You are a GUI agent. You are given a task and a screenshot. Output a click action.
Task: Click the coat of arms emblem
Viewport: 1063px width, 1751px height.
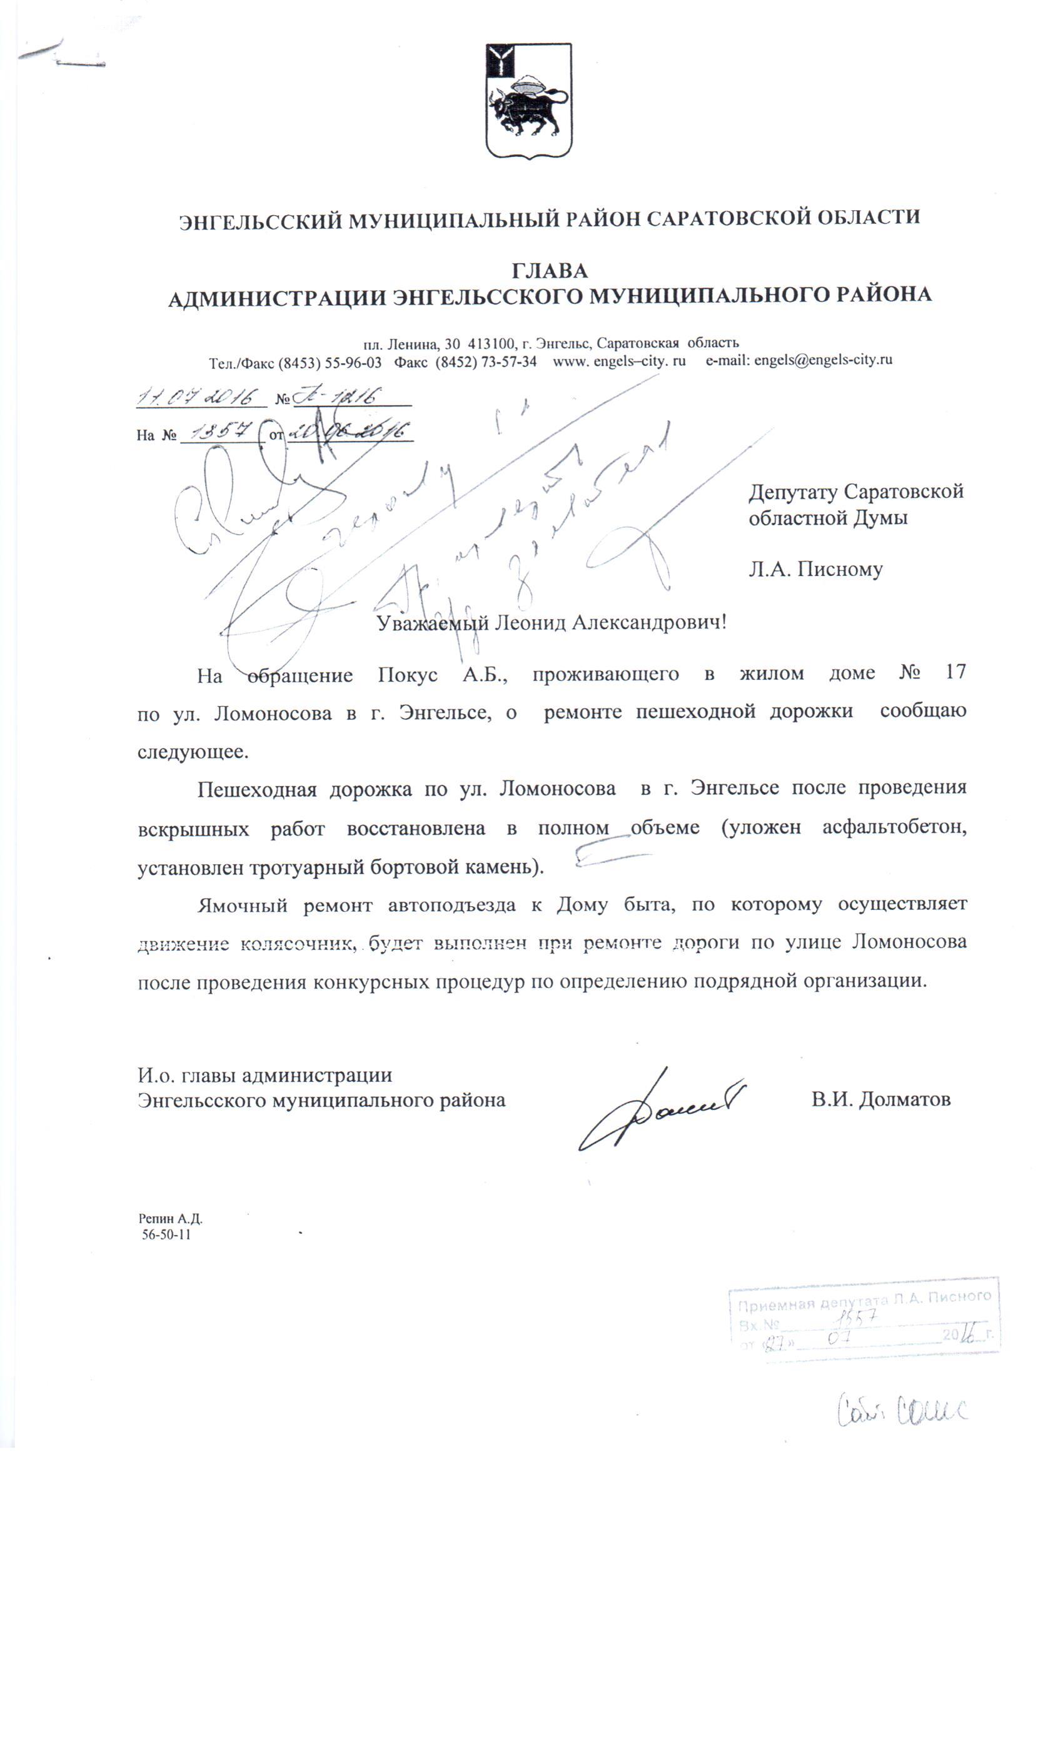tap(528, 101)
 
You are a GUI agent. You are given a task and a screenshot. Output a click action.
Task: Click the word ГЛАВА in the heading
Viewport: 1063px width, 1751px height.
tap(549, 271)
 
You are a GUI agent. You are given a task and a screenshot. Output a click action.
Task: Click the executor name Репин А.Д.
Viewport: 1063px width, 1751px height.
tap(171, 1218)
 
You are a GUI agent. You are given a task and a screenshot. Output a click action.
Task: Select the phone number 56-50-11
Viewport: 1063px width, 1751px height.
tap(166, 1234)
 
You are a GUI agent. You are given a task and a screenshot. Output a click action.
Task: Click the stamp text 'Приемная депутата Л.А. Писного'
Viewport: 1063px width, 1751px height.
tap(864, 1298)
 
